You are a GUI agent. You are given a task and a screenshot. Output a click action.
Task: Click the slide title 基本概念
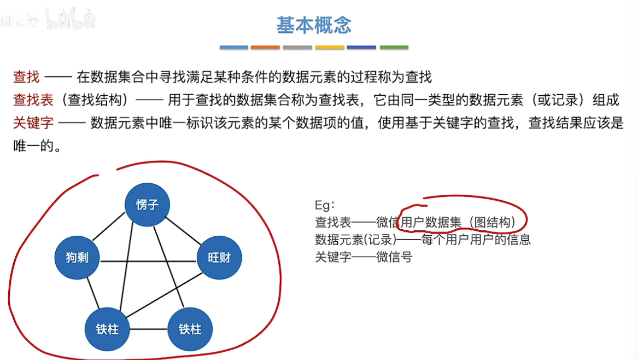pos(314,25)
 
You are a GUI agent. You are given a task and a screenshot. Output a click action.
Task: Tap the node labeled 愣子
pos(147,205)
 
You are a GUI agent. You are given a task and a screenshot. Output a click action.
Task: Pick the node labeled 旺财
pos(219,257)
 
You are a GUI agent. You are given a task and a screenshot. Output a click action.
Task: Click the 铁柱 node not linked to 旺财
pos(190,329)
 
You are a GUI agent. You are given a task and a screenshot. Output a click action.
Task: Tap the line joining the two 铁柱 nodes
pos(149,329)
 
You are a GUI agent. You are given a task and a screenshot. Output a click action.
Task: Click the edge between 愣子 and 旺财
pos(183,230)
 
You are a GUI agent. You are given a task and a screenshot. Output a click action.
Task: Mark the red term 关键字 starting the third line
pos(33,123)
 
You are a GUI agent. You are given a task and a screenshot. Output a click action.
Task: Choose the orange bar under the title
pos(265,48)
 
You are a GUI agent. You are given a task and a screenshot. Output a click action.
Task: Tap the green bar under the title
pos(394,48)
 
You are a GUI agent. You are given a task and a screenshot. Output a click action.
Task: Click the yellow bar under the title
pos(330,48)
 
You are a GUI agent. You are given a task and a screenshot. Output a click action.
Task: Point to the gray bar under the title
pos(297,48)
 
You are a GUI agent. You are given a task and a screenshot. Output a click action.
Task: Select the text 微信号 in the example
pos(394,257)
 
